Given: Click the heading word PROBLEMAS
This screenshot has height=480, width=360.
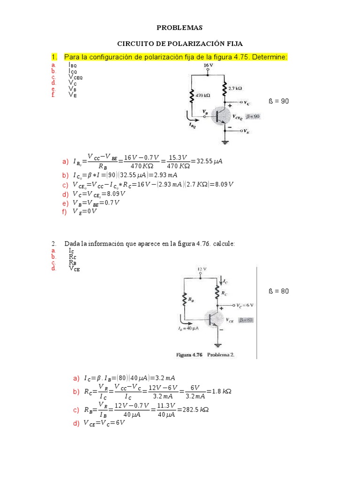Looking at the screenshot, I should pos(180,28).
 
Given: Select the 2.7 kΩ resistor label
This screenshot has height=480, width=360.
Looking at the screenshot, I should pos(235,88).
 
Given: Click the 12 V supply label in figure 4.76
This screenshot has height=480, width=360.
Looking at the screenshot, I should pos(201,269).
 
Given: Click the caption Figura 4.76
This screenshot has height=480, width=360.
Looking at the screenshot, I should pos(190,355).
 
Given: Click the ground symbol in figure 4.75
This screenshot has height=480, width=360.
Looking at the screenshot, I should pos(225,142).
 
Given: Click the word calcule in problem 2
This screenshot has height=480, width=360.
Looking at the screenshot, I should pos(224,244).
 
